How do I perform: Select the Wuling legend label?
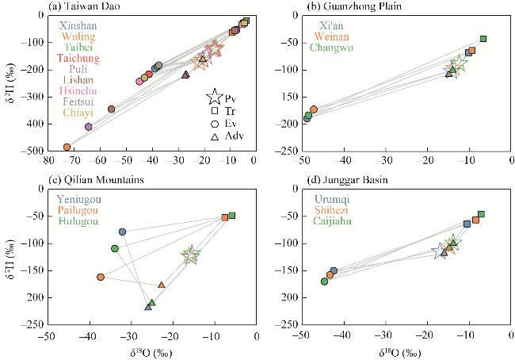coord(77,36)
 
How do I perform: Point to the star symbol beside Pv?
coord(214,98)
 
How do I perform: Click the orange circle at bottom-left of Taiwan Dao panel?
coord(67,147)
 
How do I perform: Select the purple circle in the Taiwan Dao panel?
coord(89,127)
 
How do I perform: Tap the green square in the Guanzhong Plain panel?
coord(483,39)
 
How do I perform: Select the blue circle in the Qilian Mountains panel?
coord(123,232)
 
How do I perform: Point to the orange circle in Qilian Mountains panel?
coord(101,277)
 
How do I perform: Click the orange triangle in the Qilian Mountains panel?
coord(162,285)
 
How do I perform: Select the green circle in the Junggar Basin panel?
coord(324,281)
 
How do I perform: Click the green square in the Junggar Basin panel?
coord(481,214)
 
